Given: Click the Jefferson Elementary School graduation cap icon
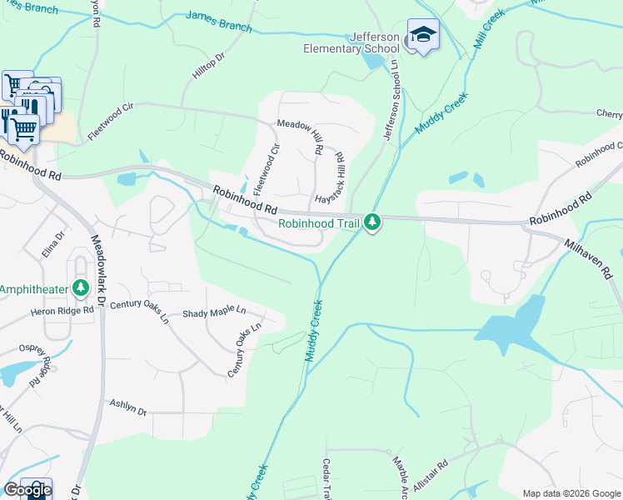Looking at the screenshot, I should [423, 36].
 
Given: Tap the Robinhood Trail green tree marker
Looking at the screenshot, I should [372, 222].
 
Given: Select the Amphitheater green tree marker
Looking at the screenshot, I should [81, 288].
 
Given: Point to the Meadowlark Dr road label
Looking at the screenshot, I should [97, 270].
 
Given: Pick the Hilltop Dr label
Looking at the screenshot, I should [209, 68].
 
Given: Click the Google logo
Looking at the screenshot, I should [27, 490].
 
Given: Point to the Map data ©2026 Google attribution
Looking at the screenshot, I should [571, 493].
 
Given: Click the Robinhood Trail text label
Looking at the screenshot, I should [319, 222].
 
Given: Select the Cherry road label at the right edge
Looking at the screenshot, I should [609, 113].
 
